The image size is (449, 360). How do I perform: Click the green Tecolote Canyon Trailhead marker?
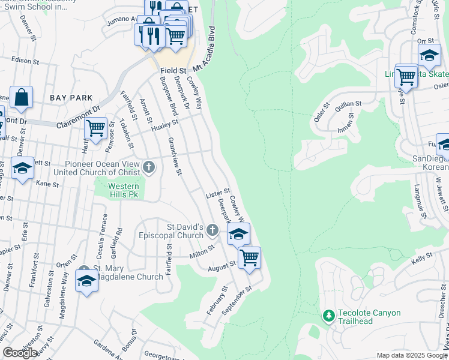pos(328,315)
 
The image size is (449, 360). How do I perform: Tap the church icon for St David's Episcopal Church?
pos(212,230)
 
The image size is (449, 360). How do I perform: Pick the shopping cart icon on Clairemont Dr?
pos(95,128)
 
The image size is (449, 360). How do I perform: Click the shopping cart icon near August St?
pos(249,258)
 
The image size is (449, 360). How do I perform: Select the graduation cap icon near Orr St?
pos(429,55)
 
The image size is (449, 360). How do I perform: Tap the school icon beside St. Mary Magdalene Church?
pos(86,281)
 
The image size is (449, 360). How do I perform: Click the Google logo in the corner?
pos(20,353)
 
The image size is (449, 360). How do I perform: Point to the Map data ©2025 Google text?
pos(412,355)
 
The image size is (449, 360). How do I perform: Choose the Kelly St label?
pos(422,260)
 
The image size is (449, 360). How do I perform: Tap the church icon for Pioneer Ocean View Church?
pos(149,166)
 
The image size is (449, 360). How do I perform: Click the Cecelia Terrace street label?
pos(105,234)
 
